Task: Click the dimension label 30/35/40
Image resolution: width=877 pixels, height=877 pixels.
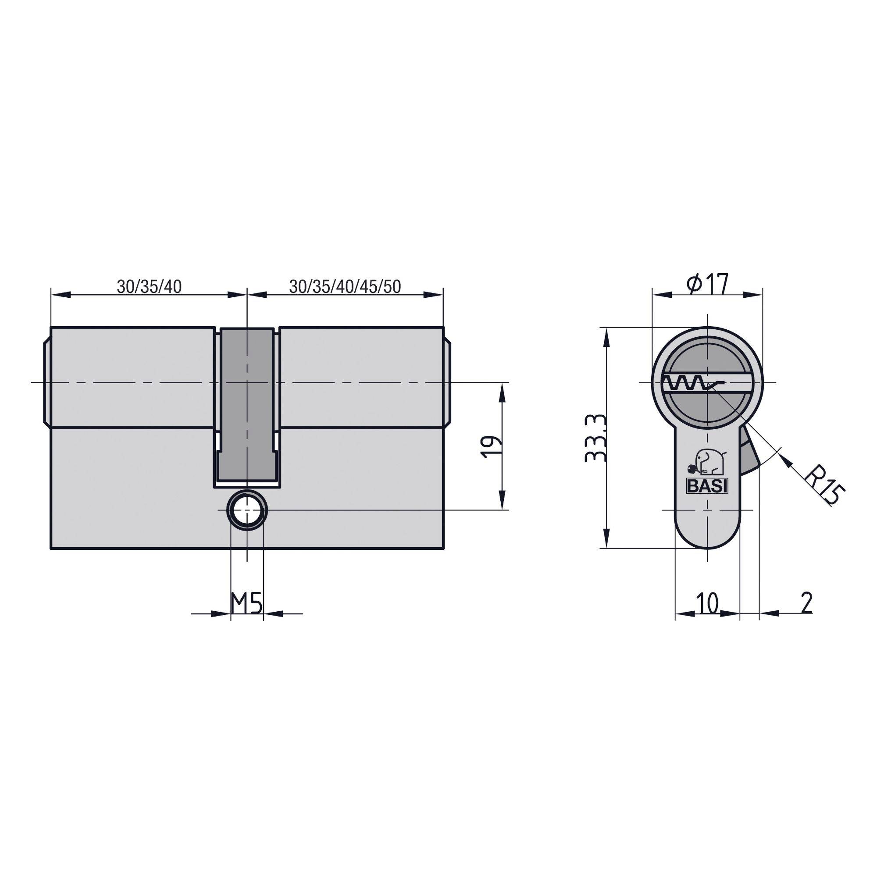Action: (150, 287)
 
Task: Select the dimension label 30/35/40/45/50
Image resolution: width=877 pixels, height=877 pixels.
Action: (345, 287)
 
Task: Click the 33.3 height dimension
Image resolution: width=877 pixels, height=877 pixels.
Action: (595, 438)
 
